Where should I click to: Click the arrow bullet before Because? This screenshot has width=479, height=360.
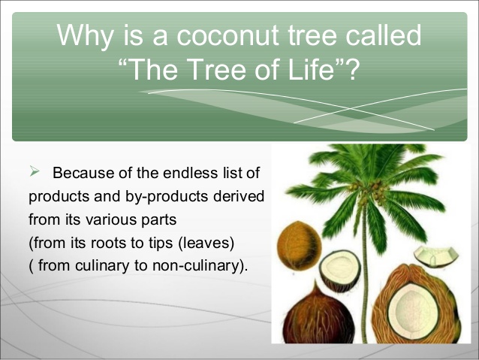point(34,174)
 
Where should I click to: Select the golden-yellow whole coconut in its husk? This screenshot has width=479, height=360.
point(299,245)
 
